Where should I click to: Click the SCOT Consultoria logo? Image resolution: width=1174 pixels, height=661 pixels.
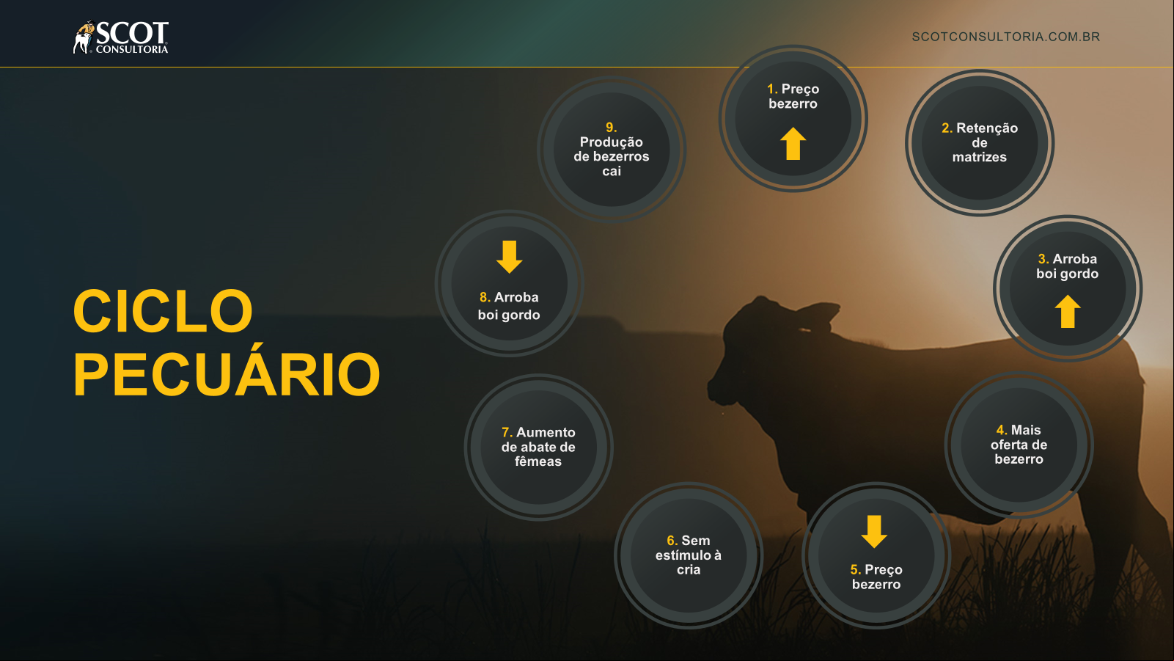click(x=120, y=37)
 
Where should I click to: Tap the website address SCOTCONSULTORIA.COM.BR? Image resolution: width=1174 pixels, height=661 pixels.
click(x=1006, y=37)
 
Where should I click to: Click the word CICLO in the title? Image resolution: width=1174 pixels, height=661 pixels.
click(x=163, y=311)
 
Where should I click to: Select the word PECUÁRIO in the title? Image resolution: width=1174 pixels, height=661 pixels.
click(x=227, y=373)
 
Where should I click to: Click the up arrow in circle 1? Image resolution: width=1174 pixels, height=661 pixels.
click(x=793, y=143)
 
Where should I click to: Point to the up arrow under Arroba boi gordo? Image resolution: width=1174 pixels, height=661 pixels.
click(x=1067, y=311)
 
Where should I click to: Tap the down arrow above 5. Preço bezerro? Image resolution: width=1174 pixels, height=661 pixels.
click(x=873, y=532)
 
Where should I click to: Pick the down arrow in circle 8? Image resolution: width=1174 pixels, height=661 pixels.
click(x=509, y=257)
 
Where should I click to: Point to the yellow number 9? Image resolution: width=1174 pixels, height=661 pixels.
click(x=611, y=128)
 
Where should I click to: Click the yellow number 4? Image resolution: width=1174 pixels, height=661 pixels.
click(x=1002, y=431)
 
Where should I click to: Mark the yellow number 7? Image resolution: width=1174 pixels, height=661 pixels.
click(x=507, y=432)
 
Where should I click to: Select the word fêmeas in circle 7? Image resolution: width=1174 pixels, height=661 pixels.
click(x=538, y=461)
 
